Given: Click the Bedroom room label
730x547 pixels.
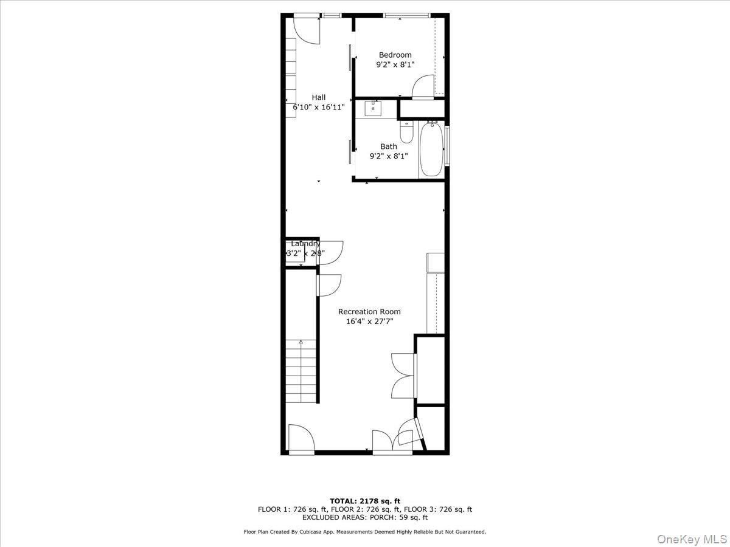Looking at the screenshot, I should tap(395, 55).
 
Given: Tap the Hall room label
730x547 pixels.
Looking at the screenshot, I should tap(319, 97).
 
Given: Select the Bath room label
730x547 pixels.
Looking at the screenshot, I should tap(389, 146).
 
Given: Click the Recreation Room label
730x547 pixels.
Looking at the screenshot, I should tap(369, 312).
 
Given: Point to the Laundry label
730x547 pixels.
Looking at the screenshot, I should tap(305, 244).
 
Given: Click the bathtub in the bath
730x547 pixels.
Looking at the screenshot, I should tap(431, 150).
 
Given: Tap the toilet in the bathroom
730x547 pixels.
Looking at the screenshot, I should tap(406, 132).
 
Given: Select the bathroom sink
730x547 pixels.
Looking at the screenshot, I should tap(373, 108).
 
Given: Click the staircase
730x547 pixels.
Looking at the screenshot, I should tap(302, 371).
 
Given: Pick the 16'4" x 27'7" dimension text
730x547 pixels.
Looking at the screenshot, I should tap(369, 322).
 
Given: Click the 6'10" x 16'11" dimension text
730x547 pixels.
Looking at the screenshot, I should tap(319, 107).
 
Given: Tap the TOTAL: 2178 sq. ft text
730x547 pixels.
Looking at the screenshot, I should tap(365, 501).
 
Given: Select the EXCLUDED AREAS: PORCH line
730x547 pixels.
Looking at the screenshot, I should tap(365, 518).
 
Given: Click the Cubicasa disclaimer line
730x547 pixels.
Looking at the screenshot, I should tap(365, 532).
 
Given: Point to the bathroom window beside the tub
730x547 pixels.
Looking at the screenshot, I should tap(447, 145).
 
